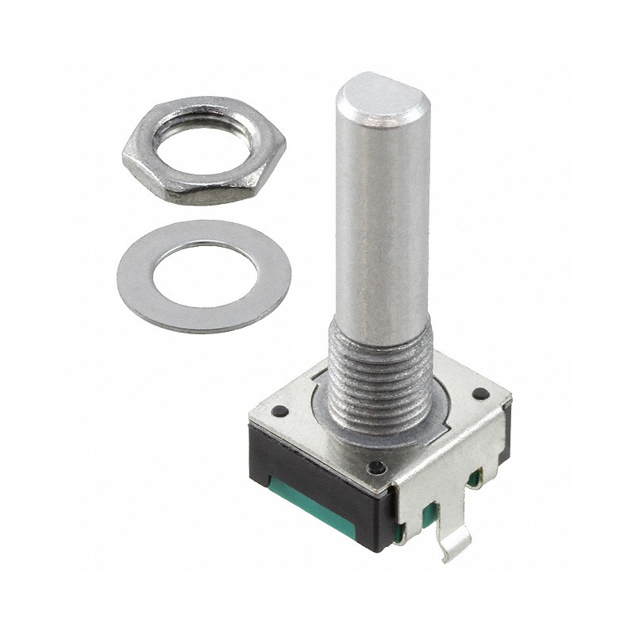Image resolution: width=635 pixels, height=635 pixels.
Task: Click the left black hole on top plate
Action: click(x=279, y=412)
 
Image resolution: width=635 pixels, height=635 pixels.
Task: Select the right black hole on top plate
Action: click(x=479, y=394)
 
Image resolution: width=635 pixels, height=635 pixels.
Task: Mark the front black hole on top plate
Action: click(x=377, y=468)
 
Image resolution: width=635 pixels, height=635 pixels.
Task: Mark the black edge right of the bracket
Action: click(x=505, y=444)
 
